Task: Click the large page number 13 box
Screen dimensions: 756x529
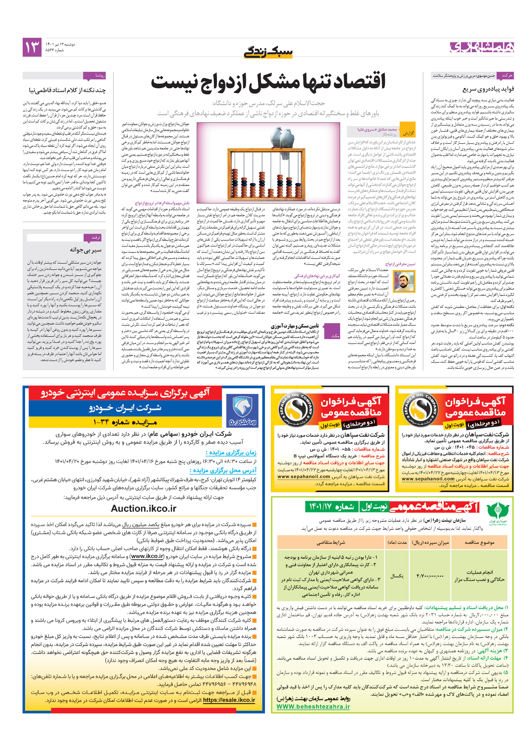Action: coord(32,47)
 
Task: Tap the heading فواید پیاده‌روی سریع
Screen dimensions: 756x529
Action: coord(488,89)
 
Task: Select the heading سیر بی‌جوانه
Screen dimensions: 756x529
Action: coord(85,250)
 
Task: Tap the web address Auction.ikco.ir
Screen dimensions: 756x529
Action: coord(144,508)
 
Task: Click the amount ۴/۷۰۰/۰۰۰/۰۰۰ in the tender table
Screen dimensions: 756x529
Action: coord(430,576)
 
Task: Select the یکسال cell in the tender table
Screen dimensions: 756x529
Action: coord(397,576)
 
